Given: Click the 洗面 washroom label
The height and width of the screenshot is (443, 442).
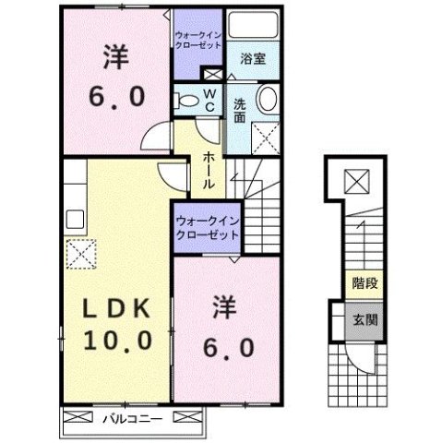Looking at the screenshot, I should [238, 110].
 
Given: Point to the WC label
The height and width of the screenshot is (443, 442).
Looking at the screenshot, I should [209, 99].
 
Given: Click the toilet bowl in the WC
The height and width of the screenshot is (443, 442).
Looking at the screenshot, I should [186, 100].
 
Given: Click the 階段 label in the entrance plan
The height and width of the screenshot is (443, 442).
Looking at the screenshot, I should [357, 284].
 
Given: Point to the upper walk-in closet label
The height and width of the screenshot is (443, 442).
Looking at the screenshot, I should [198, 40].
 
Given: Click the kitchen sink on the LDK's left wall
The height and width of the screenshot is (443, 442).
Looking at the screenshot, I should [75, 220].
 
